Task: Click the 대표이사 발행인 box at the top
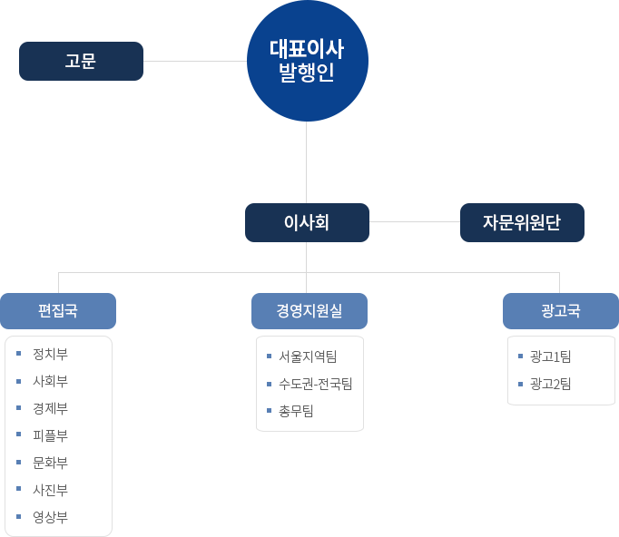tap(307, 60)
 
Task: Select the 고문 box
tap(81, 61)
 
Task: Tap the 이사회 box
tap(307, 222)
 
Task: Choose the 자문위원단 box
tap(522, 222)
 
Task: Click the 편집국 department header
tap(58, 311)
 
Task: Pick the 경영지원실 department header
tap(309, 311)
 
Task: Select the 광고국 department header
tap(560, 311)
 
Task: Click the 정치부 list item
tap(50, 354)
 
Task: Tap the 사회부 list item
tap(50, 381)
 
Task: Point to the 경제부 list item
tap(50, 408)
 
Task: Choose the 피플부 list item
tap(50, 435)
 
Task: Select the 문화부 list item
tap(50, 463)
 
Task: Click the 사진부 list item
tap(50, 490)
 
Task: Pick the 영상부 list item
tap(50, 517)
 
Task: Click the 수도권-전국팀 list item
tap(316, 384)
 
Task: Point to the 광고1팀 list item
tap(551, 356)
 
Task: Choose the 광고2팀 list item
tap(551, 384)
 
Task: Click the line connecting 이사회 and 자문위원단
tap(414, 221)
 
